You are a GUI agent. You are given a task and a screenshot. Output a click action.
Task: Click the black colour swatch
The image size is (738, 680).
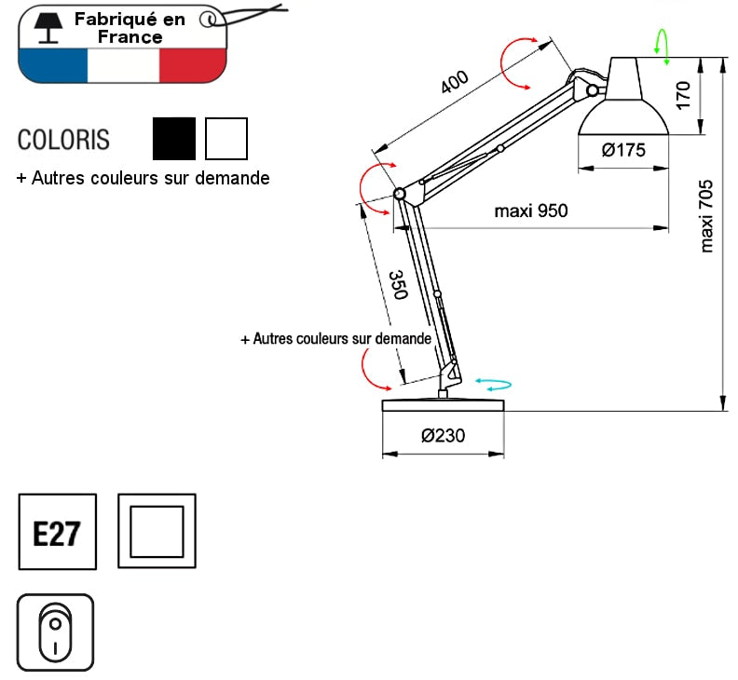174,139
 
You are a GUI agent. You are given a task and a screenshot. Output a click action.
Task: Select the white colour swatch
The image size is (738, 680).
226,139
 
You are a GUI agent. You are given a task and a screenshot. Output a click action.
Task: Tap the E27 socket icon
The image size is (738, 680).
58,532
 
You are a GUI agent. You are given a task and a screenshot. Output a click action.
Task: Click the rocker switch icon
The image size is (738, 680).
56,632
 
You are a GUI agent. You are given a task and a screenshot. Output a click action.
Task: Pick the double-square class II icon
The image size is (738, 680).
157,532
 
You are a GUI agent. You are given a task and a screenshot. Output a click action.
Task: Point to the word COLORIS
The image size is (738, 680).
63,140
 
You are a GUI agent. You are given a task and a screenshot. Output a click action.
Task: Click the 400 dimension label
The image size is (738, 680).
454,83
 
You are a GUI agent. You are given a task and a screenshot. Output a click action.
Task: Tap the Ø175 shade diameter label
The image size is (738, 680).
623,150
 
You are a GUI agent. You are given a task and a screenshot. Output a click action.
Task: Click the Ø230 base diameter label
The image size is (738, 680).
443,435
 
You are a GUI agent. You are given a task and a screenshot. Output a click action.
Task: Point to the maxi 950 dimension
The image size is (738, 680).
530,211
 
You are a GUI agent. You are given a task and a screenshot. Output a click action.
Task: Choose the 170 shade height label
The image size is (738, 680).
683,95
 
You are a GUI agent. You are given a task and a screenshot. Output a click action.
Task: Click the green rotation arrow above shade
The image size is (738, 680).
663,45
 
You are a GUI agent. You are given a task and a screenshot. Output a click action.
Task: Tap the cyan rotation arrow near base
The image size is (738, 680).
494,383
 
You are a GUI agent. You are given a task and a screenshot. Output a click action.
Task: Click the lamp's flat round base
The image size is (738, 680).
443,405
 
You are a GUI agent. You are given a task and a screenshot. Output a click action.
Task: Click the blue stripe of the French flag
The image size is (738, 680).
52,64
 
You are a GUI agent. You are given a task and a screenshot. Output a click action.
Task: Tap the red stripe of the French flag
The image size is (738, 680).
191,64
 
